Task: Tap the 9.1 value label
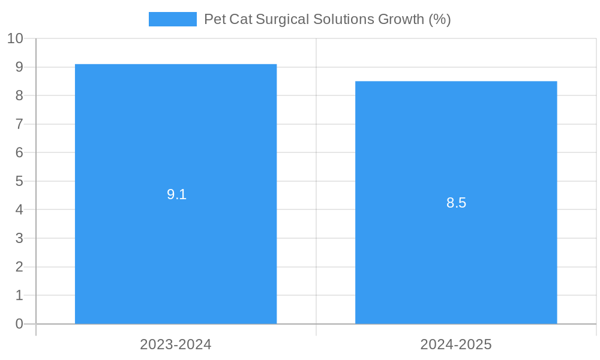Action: (x=176, y=194)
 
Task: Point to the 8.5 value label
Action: (x=456, y=203)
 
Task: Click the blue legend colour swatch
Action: (x=173, y=19)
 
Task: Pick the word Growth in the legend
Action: (x=401, y=19)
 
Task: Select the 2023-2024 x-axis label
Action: (x=176, y=344)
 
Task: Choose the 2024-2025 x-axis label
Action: (x=456, y=344)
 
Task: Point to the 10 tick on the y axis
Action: (x=15, y=38)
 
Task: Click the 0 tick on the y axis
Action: (x=19, y=324)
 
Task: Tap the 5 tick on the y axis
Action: (x=19, y=181)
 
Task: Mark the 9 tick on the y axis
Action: (x=19, y=67)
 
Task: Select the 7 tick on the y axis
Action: (x=19, y=124)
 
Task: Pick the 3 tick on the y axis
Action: (x=19, y=238)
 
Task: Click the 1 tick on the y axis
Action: (x=19, y=295)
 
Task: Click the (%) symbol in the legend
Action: (x=439, y=19)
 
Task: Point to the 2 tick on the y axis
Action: (x=19, y=267)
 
